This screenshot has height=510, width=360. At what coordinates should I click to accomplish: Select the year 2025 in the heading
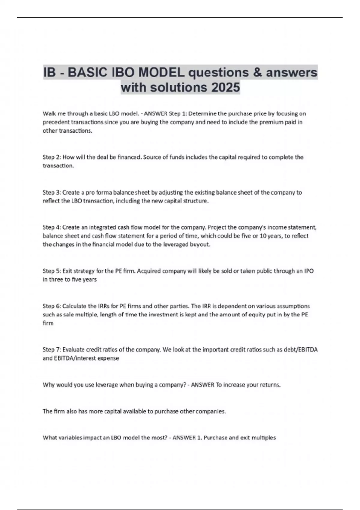[x=225, y=88]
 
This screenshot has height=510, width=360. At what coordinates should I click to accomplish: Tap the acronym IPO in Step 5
[x=309, y=271]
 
